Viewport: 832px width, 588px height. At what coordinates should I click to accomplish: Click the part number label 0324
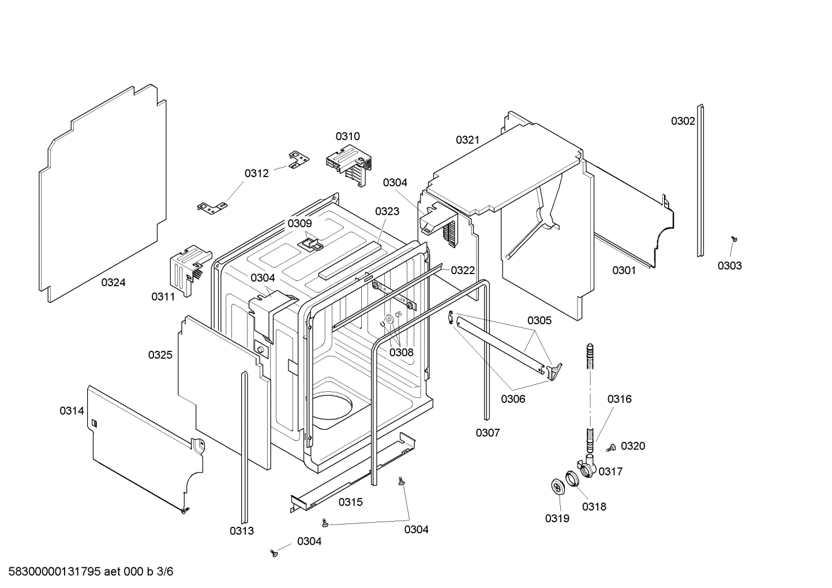coord(113,282)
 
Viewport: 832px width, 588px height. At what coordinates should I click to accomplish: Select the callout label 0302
coord(683,121)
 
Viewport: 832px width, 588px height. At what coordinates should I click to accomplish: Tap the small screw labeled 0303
coord(734,238)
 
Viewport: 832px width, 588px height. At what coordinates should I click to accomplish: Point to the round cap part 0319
coord(557,487)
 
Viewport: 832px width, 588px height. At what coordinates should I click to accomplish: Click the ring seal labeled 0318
coord(572,478)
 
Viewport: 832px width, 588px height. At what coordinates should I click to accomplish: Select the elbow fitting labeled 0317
coord(587,465)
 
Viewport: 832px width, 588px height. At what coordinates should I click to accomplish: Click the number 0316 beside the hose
coord(619,399)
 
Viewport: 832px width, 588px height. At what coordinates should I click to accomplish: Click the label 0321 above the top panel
coord(467,140)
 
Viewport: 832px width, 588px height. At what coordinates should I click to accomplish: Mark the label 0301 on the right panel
coord(624,270)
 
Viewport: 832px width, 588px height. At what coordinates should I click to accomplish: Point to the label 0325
coord(160,355)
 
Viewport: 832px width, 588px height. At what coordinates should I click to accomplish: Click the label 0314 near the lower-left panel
coord(72,411)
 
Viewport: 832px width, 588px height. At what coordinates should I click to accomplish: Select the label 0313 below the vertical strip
coord(241,531)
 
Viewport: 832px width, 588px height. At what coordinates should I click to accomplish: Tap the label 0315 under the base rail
coord(350,502)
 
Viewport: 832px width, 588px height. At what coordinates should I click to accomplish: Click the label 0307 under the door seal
coord(488,432)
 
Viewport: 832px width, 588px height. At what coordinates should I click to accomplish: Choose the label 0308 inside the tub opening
coord(401,352)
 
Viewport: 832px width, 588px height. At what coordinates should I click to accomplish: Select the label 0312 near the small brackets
coord(256,173)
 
